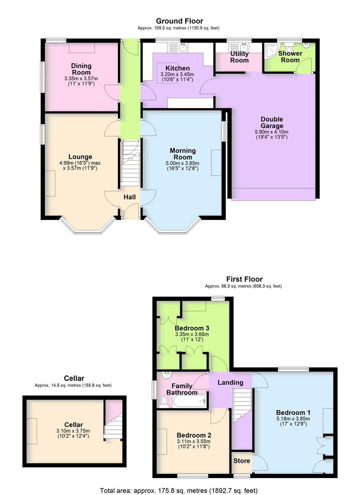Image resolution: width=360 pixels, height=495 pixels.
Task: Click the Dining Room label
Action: (81, 69)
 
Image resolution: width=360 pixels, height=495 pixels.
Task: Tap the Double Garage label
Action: (269, 122)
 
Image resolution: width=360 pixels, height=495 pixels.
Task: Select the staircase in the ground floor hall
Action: (130, 163)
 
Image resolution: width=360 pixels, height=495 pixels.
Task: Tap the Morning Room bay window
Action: (173, 227)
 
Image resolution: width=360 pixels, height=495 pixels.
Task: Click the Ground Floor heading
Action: (179, 21)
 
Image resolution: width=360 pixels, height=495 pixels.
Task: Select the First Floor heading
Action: (244, 279)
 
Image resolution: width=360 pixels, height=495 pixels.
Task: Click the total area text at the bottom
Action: (179, 490)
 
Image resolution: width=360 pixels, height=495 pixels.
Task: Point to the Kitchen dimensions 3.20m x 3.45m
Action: (177, 74)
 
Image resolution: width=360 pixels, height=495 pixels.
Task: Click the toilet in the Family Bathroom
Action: (163, 401)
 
